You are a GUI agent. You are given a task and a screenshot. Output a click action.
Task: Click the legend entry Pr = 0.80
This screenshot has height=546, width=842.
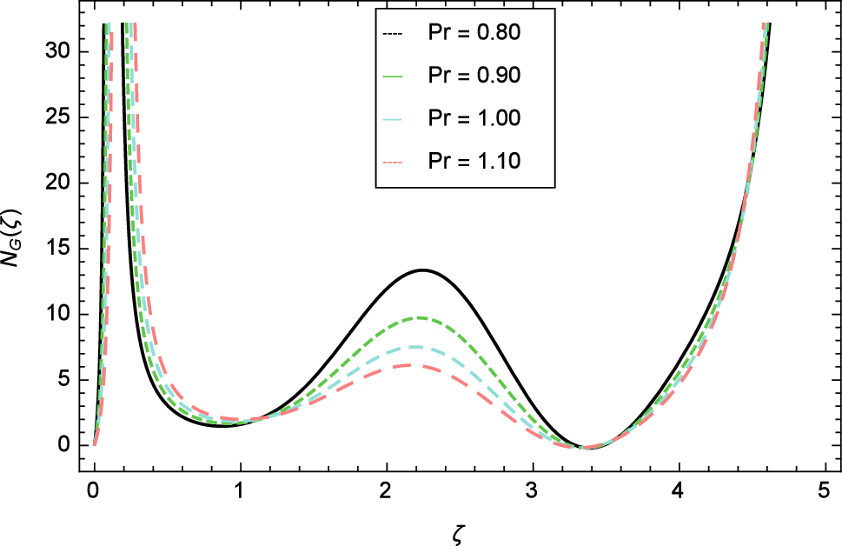tap(474, 34)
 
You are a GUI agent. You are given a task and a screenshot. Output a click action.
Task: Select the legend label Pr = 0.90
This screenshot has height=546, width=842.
tap(474, 77)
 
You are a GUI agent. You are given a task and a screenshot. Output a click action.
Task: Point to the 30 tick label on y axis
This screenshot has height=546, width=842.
tap(60, 52)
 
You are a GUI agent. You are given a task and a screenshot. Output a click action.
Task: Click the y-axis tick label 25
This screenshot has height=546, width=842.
tap(60, 117)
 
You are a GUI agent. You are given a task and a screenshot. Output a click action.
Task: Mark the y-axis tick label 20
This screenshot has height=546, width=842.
tap(60, 183)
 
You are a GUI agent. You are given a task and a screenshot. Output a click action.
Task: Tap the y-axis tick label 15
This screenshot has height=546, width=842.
tap(60, 249)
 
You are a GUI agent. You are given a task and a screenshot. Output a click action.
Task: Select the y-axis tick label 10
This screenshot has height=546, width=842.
tap(60, 315)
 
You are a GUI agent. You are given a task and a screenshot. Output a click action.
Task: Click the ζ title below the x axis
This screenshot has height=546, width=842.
tap(459, 528)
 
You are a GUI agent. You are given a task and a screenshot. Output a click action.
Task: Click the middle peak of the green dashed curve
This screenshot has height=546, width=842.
tap(419, 317)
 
